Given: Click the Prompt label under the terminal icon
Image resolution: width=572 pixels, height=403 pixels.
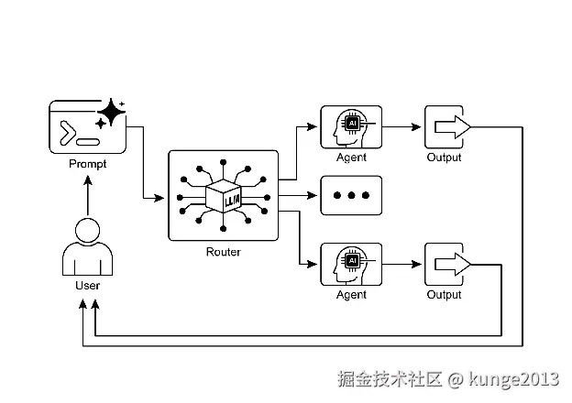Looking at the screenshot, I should click(87, 164).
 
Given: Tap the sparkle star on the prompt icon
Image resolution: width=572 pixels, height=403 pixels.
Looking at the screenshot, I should click(111, 113).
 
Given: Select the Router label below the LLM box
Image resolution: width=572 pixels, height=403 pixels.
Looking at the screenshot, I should click(224, 251).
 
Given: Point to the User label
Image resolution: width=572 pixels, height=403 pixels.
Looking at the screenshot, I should click(87, 286).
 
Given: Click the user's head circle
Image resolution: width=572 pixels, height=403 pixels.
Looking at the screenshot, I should click(87, 230).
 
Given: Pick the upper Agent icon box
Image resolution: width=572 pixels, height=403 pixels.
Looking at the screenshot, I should click(351, 127).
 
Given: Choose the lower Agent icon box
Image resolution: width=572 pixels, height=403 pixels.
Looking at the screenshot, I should click(351, 265).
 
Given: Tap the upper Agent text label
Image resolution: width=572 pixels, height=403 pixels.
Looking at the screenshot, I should click(351, 158).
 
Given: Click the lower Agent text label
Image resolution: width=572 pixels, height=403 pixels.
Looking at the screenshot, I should click(351, 295).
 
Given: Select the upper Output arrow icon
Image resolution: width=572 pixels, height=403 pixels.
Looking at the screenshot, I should click(448, 127).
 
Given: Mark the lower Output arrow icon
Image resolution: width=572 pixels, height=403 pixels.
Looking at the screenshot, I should click(448, 265).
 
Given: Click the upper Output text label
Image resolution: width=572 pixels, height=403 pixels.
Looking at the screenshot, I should click(445, 158).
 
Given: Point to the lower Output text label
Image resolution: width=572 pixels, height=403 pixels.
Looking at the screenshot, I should click(445, 295).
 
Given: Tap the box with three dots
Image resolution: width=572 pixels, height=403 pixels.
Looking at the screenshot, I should click(351, 196).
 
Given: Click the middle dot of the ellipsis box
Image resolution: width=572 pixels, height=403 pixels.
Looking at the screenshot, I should click(351, 196).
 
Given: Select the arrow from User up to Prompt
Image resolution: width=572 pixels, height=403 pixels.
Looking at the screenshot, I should click(87, 194).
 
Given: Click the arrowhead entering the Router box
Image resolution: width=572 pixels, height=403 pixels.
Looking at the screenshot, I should click(163, 197).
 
